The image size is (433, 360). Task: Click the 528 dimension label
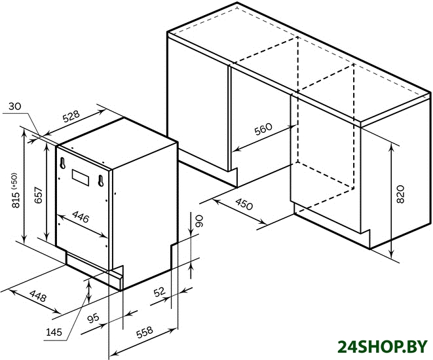pos(71,117)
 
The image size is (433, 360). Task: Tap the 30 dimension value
pos(14,106)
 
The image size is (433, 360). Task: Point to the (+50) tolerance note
pos(14,181)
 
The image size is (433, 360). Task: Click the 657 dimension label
pos(39,195)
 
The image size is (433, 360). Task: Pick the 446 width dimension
pos(81,217)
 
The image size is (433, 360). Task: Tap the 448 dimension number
pos(38,296)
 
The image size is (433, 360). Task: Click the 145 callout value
pos(54,332)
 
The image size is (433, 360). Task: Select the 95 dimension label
pos(93,318)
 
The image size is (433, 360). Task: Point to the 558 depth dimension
pos(144,333)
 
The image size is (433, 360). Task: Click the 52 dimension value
pos(159,292)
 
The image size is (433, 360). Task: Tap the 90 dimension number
pos(199,221)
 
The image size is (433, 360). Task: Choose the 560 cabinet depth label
pos(263,129)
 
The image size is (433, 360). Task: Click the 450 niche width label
pos(244,204)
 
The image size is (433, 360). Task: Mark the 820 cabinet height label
pos(400,194)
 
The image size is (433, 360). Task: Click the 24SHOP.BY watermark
pos(383,347)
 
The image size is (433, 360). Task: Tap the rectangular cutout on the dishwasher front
pos(81,177)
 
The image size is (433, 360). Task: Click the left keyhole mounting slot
pos(62,163)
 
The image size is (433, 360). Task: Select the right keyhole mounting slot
pos(101,181)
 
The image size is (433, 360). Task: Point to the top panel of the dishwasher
pos(119,143)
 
